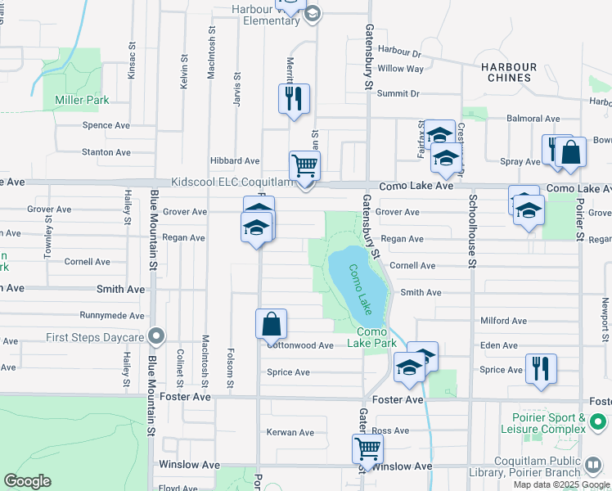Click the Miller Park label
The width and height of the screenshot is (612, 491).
(81, 100)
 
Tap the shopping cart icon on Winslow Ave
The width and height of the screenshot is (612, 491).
(367, 448)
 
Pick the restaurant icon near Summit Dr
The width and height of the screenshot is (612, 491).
(294, 98)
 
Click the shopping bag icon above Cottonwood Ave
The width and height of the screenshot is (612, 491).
(271, 324)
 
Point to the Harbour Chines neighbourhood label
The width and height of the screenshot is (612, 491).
(508, 73)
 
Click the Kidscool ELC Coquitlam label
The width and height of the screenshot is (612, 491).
(232, 182)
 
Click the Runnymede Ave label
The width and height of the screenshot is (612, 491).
(112, 315)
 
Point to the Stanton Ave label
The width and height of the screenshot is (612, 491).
(106, 152)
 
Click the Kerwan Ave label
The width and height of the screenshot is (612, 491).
(290, 432)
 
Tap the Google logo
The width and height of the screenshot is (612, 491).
(28, 481)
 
